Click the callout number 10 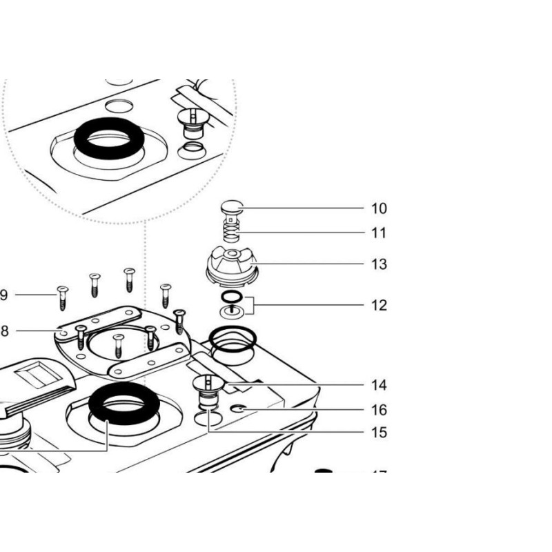tap(379, 208)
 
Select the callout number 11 tap(379, 233)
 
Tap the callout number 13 tap(379, 264)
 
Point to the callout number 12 tap(379, 305)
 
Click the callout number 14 tap(379, 385)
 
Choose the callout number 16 tap(379, 410)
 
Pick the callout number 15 tap(379, 433)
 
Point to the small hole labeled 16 tap(239, 408)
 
